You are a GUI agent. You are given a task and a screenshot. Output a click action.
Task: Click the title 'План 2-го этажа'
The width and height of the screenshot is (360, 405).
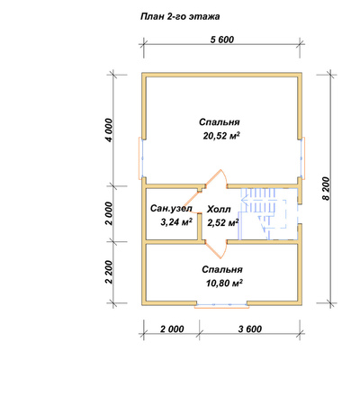tap(180, 16)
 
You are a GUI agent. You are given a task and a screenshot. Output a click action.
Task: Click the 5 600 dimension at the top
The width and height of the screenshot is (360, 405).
tap(222, 40)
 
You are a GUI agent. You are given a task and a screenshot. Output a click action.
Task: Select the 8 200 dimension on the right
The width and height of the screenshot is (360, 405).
tap(326, 188)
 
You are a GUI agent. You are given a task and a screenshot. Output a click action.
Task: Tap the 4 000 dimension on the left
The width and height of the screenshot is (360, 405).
tap(110, 130)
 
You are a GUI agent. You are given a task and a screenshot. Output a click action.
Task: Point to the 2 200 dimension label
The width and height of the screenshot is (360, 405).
tap(110, 272)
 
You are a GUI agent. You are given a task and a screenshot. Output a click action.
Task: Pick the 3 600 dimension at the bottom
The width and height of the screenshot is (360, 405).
tap(250, 329)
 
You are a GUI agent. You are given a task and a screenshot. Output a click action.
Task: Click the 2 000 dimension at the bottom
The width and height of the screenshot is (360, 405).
tap(172, 329)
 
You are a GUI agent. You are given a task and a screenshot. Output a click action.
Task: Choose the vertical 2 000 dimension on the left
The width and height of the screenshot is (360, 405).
tap(110, 213)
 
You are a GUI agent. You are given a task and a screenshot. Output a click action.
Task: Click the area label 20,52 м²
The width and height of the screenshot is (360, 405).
tap(221, 136)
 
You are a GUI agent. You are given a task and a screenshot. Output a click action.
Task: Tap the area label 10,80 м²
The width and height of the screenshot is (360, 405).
tap(224, 283)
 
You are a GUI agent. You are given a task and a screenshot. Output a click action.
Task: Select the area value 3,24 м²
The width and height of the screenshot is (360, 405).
tap(176, 222)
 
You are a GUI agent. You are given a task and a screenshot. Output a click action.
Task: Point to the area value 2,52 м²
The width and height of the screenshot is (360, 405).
tap(223, 222)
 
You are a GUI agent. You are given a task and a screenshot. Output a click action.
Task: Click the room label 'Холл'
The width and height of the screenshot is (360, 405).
tap(219, 209)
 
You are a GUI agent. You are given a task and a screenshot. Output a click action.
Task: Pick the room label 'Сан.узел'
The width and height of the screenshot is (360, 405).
tap(171, 209)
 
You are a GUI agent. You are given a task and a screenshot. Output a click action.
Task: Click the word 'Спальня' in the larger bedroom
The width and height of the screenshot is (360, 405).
tap(220, 122)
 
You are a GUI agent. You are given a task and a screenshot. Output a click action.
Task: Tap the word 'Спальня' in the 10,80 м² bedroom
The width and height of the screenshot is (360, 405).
tap(222, 269)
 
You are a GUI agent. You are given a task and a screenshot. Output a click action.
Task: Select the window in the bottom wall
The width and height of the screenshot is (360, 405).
tap(222, 305)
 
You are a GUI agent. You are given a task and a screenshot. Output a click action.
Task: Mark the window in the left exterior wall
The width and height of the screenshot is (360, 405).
tap(140, 158)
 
